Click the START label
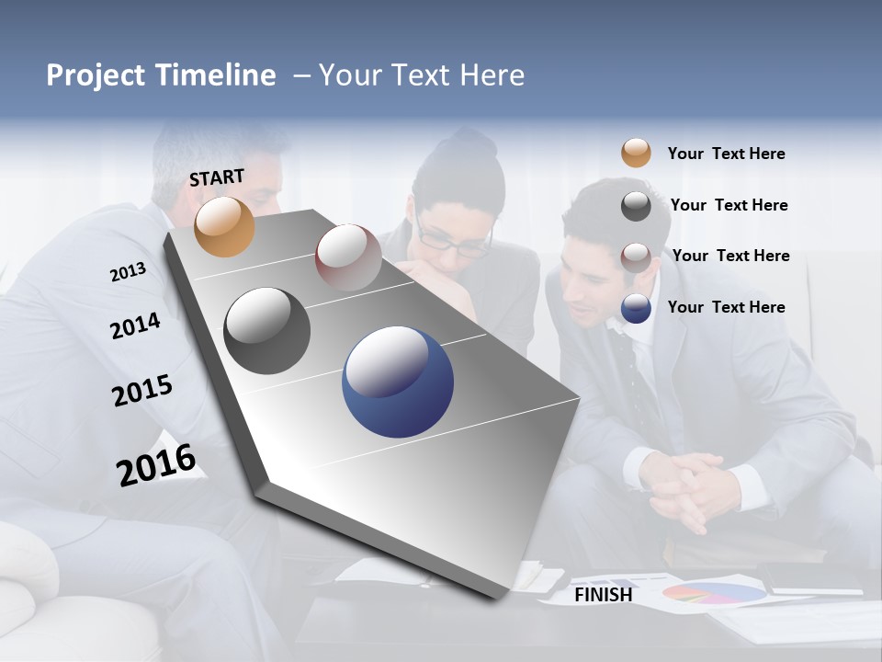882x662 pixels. (217, 177)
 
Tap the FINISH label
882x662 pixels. (603, 595)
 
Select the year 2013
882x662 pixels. (128, 272)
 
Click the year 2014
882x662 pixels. (135, 326)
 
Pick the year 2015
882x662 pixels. (142, 391)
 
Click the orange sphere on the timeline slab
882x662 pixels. (224, 226)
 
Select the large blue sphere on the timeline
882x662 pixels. (397, 382)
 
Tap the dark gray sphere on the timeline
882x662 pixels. (266, 331)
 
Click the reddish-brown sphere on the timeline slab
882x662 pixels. (348, 257)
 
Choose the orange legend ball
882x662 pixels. (636, 153)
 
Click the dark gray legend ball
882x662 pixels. (636, 206)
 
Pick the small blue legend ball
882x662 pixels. (636, 308)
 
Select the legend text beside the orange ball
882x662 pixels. (726, 154)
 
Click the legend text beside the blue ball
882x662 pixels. (726, 307)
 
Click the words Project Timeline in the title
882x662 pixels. (161, 75)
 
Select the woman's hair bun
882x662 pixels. (473, 144)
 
